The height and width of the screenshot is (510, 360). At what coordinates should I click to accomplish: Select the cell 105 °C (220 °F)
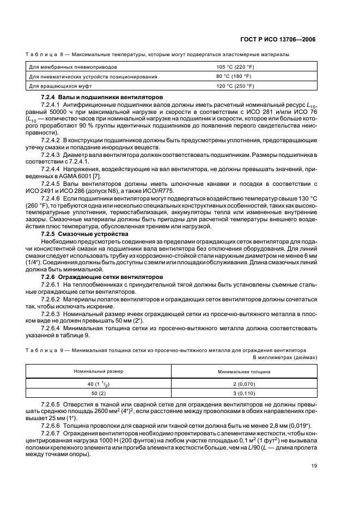(x=235, y=66)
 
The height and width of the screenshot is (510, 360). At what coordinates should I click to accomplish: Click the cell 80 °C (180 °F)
(x=234, y=76)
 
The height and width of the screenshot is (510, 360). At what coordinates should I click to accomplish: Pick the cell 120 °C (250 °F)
(x=235, y=86)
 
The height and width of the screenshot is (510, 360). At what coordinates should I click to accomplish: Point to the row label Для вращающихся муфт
(x=55, y=86)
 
